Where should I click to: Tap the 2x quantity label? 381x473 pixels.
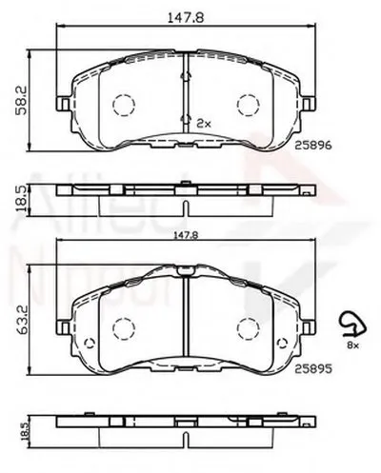pyautogui.click(x=202, y=124)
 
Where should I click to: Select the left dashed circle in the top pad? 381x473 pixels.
pyautogui.click(x=122, y=104)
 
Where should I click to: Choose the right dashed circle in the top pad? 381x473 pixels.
pyautogui.click(x=249, y=104)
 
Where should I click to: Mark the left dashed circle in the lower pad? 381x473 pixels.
pyautogui.click(x=122, y=328)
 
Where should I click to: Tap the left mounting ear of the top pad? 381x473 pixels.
pyautogui.click(x=63, y=105)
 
